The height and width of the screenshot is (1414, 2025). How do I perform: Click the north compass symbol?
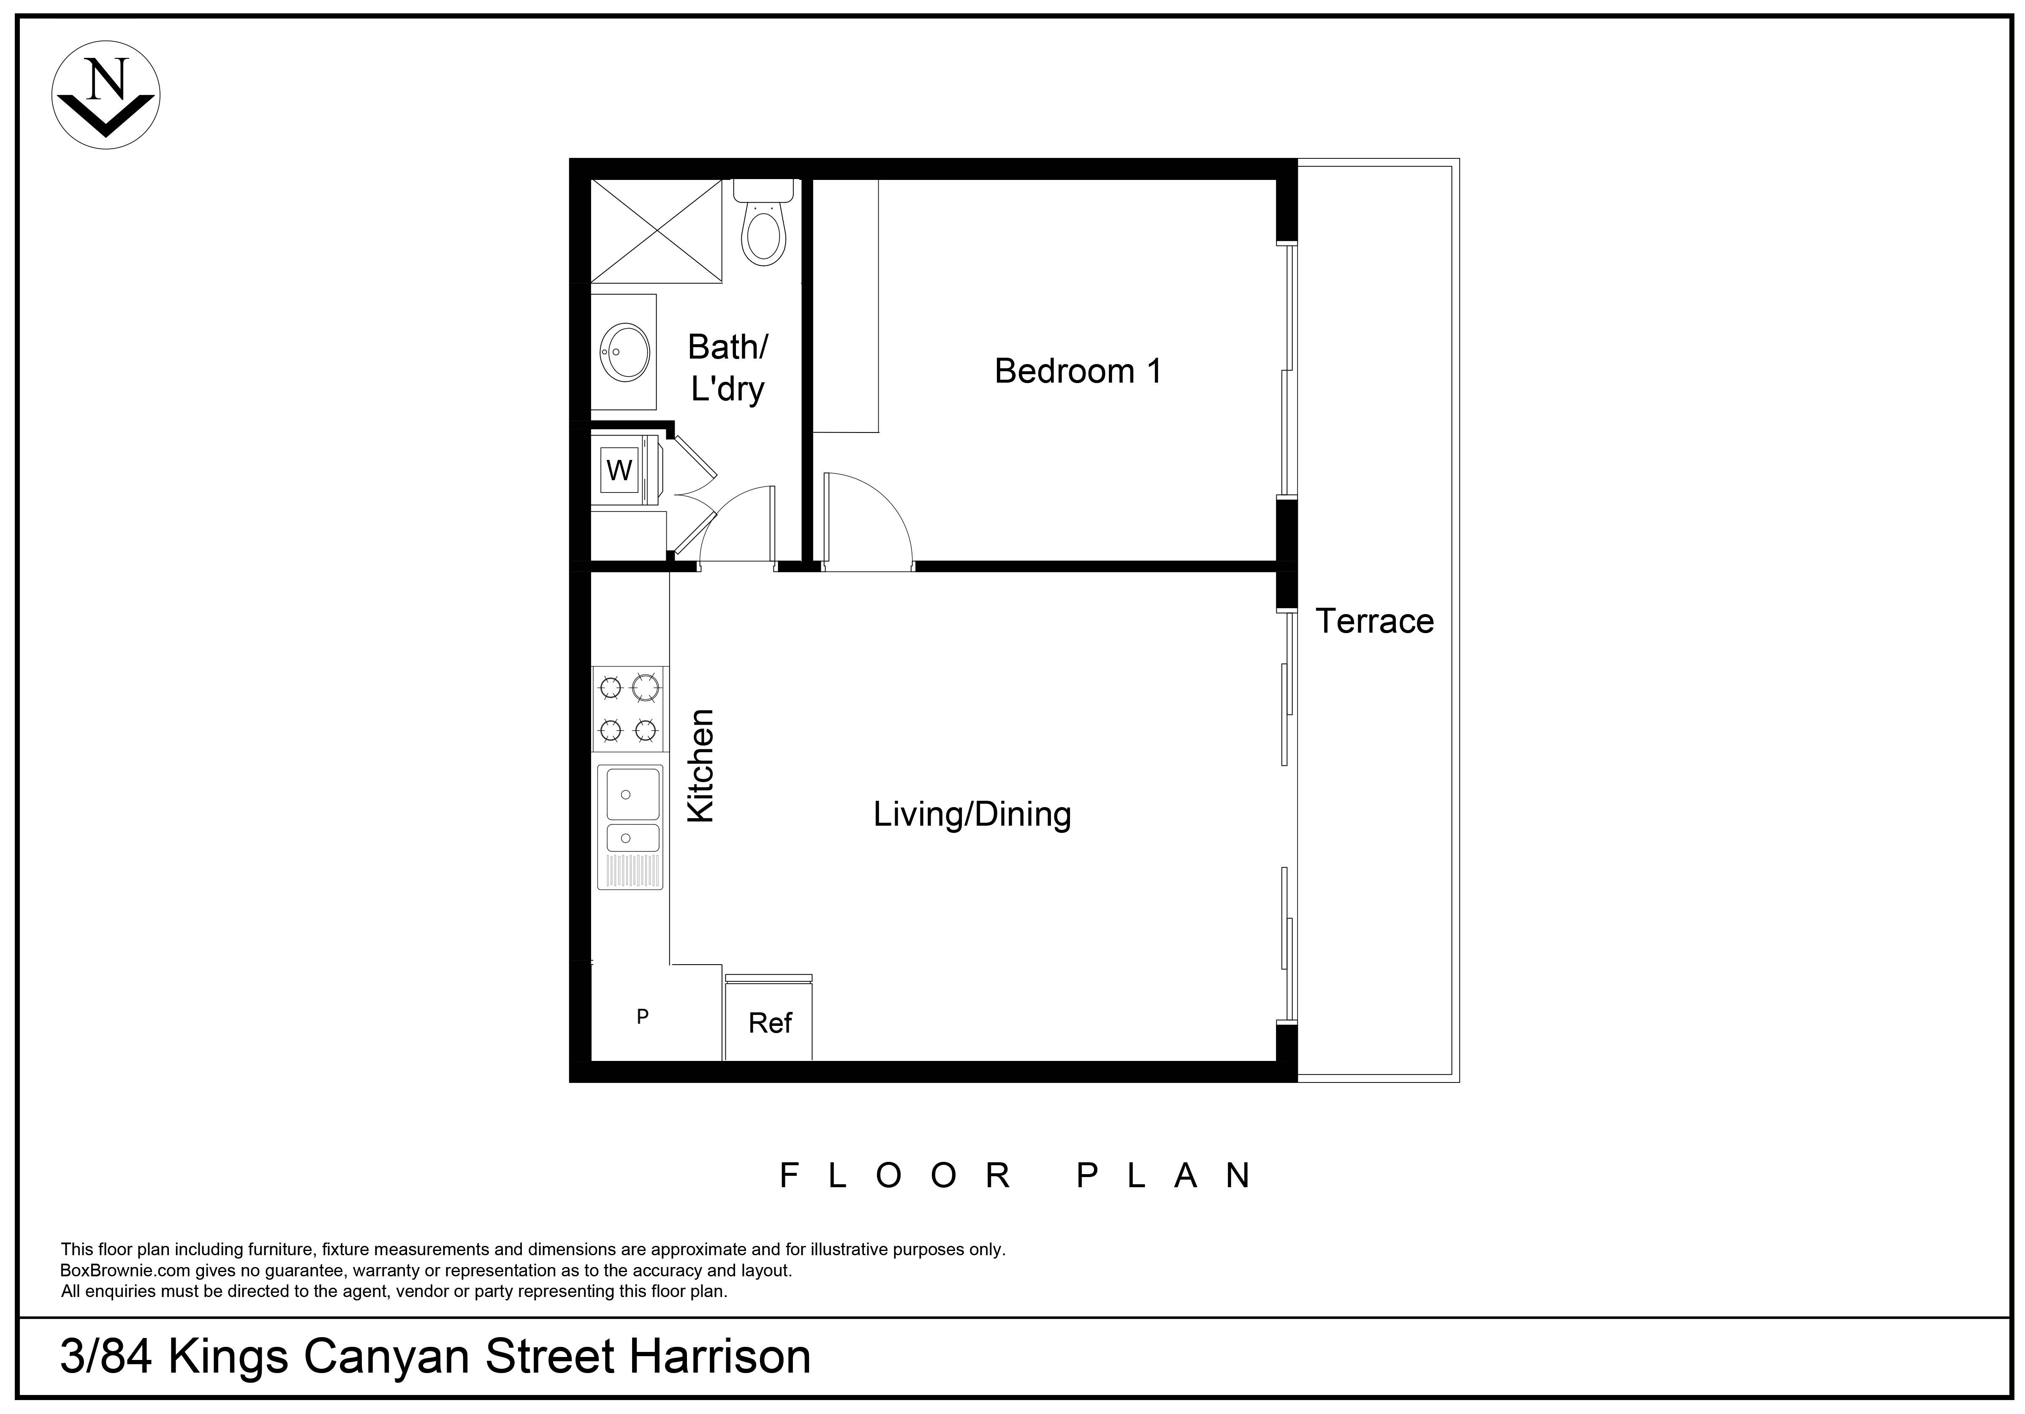point(106,95)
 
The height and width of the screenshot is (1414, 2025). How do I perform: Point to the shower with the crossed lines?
point(656,231)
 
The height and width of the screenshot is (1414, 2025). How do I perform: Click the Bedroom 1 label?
point(1078,371)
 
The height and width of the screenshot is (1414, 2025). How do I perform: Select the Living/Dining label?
point(972,814)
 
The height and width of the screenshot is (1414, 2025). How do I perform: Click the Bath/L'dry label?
point(727,368)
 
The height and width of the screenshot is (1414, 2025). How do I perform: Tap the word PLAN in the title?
point(1164,1176)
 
